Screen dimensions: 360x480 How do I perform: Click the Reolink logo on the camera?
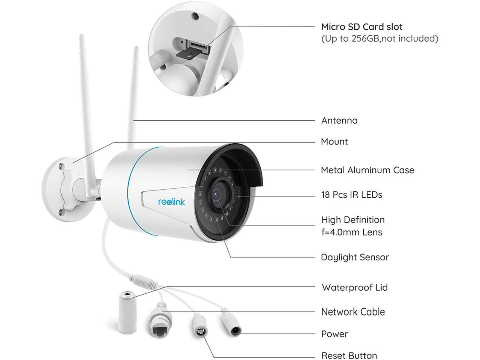[x=172, y=202]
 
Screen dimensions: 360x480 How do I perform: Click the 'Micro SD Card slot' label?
[x=361, y=27]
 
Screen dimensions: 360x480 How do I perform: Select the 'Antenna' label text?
[x=339, y=120]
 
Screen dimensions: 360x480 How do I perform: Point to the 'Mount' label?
[x=334, y=141]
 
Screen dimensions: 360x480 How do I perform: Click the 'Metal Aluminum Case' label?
[x=367, y=170]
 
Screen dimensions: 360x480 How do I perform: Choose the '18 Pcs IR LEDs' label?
[x=351, y=195]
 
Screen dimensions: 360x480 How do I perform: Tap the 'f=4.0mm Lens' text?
[x=351, y=232]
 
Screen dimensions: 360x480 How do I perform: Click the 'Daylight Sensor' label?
[x=355, y=257]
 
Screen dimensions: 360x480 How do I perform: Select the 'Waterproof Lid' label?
[x=354, y=288]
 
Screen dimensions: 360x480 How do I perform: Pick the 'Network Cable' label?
[x=353, y=312]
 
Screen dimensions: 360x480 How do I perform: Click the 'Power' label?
[x=334, y=334]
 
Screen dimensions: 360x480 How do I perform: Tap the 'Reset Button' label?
[x=349, y=355]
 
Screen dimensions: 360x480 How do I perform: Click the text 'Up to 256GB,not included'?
[x=379, y=38]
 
